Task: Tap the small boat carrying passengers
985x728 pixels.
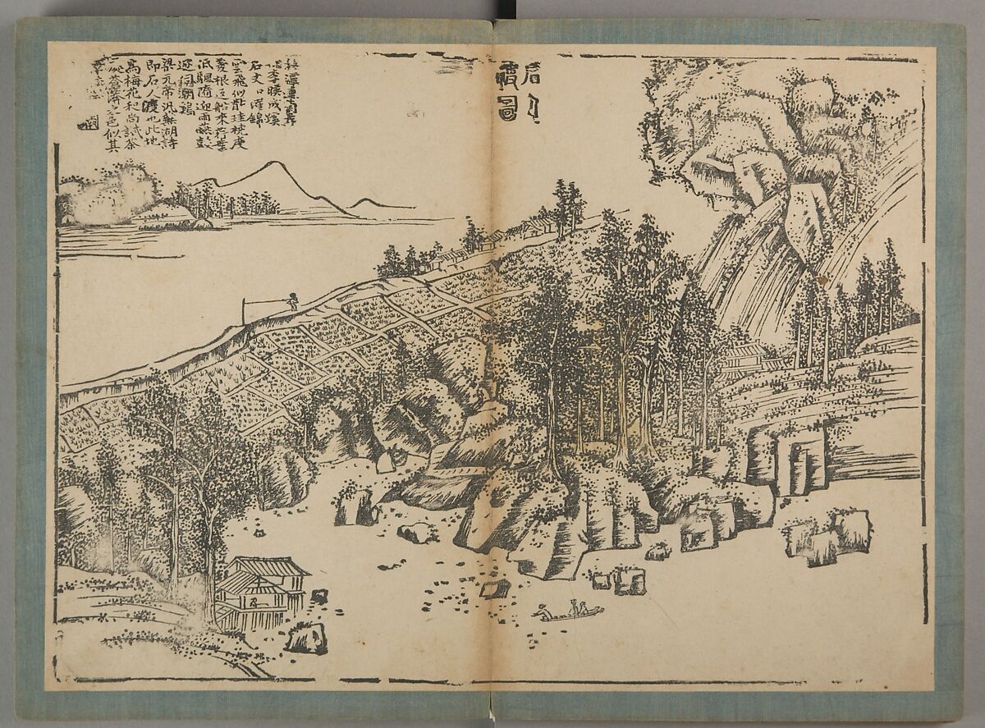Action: point(568,611)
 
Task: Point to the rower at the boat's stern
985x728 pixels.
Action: point(542,611)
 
